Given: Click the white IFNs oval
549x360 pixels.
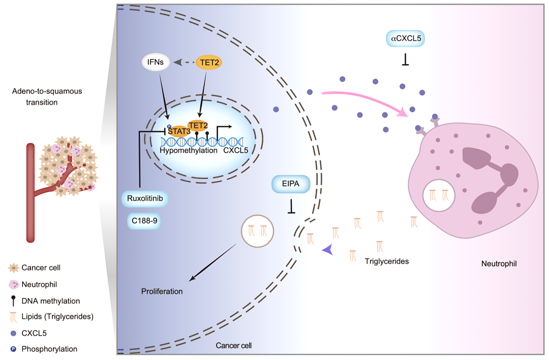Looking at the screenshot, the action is click(x=156, y=63).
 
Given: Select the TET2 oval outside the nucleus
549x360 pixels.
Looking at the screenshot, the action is click(x=209, y=63).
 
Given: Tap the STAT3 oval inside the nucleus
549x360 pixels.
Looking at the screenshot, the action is click(x=178, y=131).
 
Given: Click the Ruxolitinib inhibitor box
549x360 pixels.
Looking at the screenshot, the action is click(x=145, y=199).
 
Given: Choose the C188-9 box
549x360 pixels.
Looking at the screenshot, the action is click(x=144, y=221).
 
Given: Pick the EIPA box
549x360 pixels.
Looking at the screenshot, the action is click(x=291, y=184).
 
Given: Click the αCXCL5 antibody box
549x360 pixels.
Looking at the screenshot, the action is click(x=406, y=39).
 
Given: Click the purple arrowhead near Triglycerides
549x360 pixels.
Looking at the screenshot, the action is click(x=328, y=250).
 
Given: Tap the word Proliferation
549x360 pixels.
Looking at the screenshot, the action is click(x=162, y=291).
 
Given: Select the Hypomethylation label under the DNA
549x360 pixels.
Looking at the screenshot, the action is click(x=189, y=151).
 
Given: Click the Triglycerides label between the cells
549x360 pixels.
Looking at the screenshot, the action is click(x=386, y=261).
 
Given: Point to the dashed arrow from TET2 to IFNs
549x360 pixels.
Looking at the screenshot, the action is click(x=184, y=63).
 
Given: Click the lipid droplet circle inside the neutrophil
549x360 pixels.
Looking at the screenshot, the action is click(x=439, y=195).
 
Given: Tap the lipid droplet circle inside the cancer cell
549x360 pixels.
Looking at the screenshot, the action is click(x=257, y=231).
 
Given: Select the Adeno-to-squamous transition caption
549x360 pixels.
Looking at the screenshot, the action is click(x=47, y=97).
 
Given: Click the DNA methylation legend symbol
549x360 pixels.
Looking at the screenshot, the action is click(x=13, y=301).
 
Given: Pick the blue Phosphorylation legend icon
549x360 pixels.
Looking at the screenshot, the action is click(x=13, y=349).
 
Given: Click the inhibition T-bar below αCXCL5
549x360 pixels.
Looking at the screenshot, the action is click(x=406, y=60).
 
